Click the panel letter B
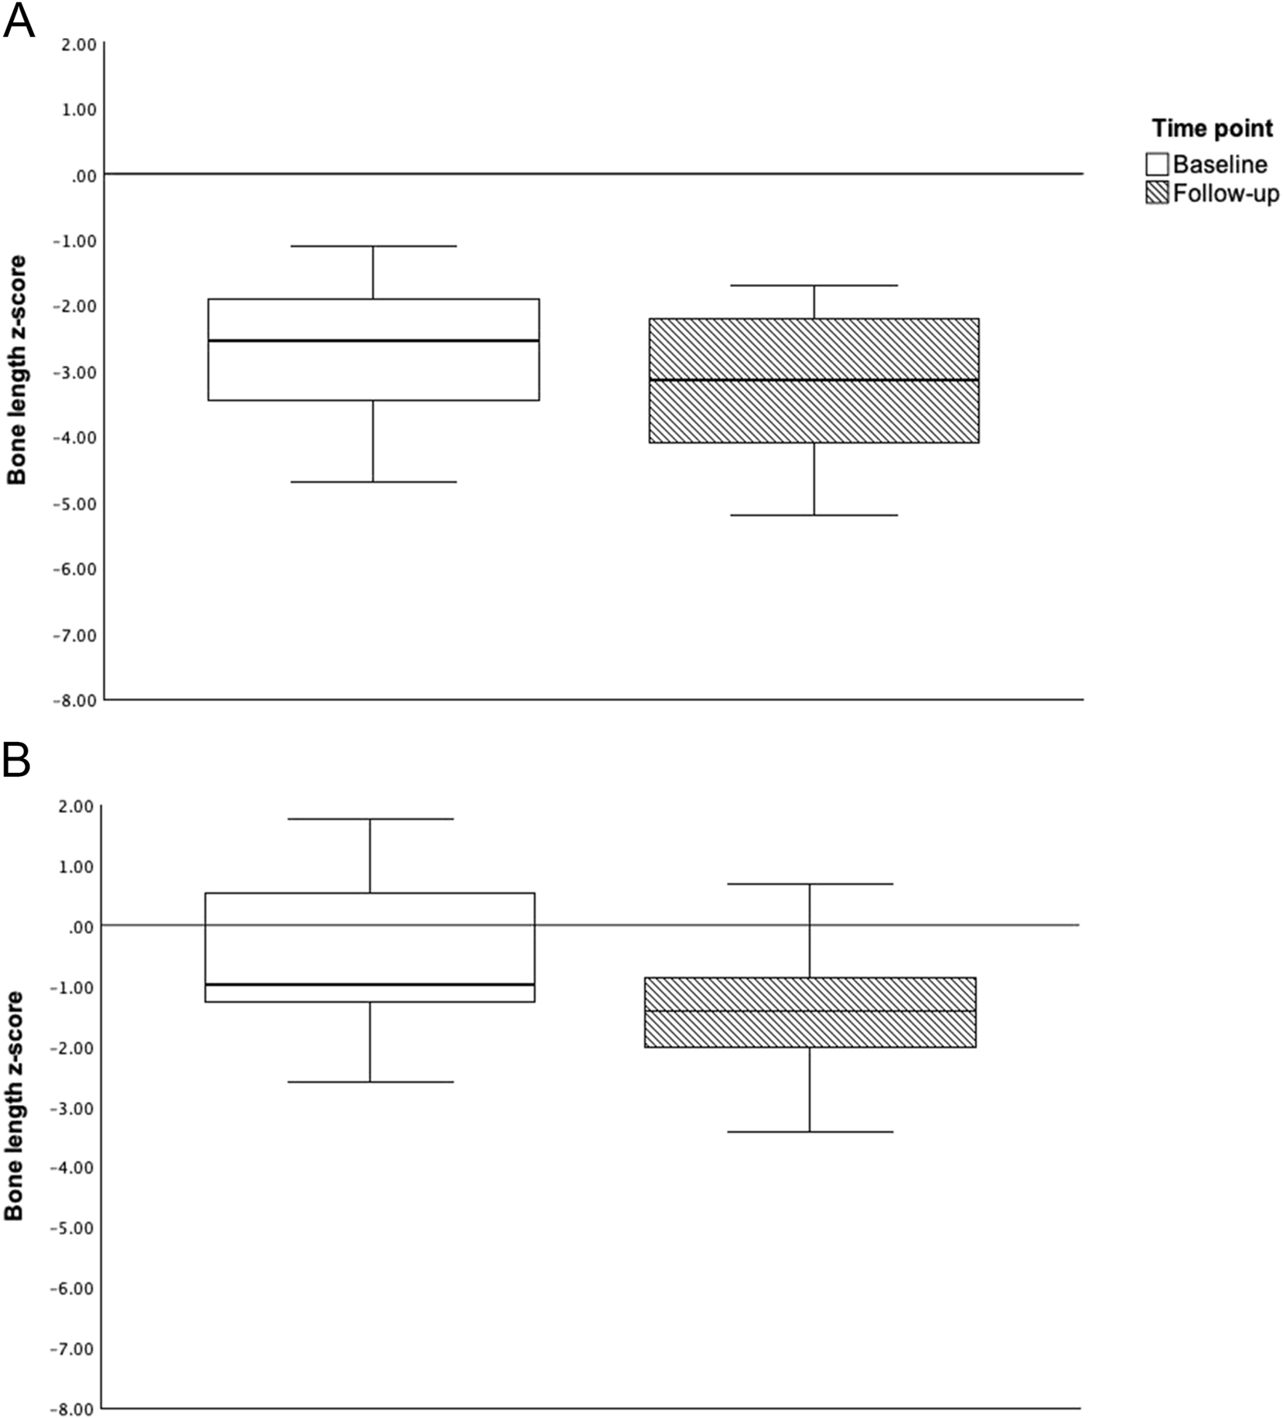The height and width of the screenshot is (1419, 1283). pos(17,761)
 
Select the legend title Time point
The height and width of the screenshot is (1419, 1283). pos(1212,128)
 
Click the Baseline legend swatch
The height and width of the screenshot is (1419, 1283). pos(1157,164)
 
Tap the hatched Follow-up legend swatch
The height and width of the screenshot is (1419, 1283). pos(1157,193)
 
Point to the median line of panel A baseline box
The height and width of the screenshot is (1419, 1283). pos(374,340)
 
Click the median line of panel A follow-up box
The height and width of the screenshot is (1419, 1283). pos(814,380)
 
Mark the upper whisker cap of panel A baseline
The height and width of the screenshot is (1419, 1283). pos(374,246)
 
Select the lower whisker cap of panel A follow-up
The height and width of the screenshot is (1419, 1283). pos(814,515)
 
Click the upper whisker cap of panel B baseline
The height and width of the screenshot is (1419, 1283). pos(370,819)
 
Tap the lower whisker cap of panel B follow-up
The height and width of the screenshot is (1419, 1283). pos(810,1132)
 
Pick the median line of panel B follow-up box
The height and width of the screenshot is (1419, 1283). pos(810,1011)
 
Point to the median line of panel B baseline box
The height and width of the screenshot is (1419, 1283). pos(370,984)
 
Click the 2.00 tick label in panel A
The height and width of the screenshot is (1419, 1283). pos(77,44)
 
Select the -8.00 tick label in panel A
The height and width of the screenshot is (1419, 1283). pos(74,701)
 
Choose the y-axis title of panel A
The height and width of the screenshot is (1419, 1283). pos(17,370)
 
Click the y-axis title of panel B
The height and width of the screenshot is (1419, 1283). pos(15,1106)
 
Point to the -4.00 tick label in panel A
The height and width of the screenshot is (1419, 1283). pos(74,438)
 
